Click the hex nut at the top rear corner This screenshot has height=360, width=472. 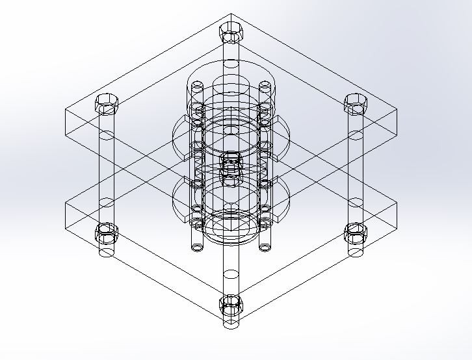click(x=231, y=30)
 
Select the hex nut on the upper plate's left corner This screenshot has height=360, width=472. click(x=106, y=103)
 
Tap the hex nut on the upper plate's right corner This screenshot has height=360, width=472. click(x=356, y=103)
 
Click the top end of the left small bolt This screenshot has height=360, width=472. click(x=197, y=86)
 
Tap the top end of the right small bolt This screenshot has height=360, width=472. click(x=265, y=86)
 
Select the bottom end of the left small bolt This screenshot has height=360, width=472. click(x=197, y=247)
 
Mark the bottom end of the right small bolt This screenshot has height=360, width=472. click(x=265, y=247)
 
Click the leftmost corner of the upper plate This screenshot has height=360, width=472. click(x=66, y=110)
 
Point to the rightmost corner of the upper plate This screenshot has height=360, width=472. click(x=396, y=110)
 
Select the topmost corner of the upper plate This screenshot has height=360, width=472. click(x=231, y=15)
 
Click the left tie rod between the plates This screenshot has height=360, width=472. click(x=106, y=169)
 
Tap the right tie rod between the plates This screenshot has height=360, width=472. click(x=356, y=169)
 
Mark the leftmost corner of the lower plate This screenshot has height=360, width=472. click(x=66, y=203)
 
